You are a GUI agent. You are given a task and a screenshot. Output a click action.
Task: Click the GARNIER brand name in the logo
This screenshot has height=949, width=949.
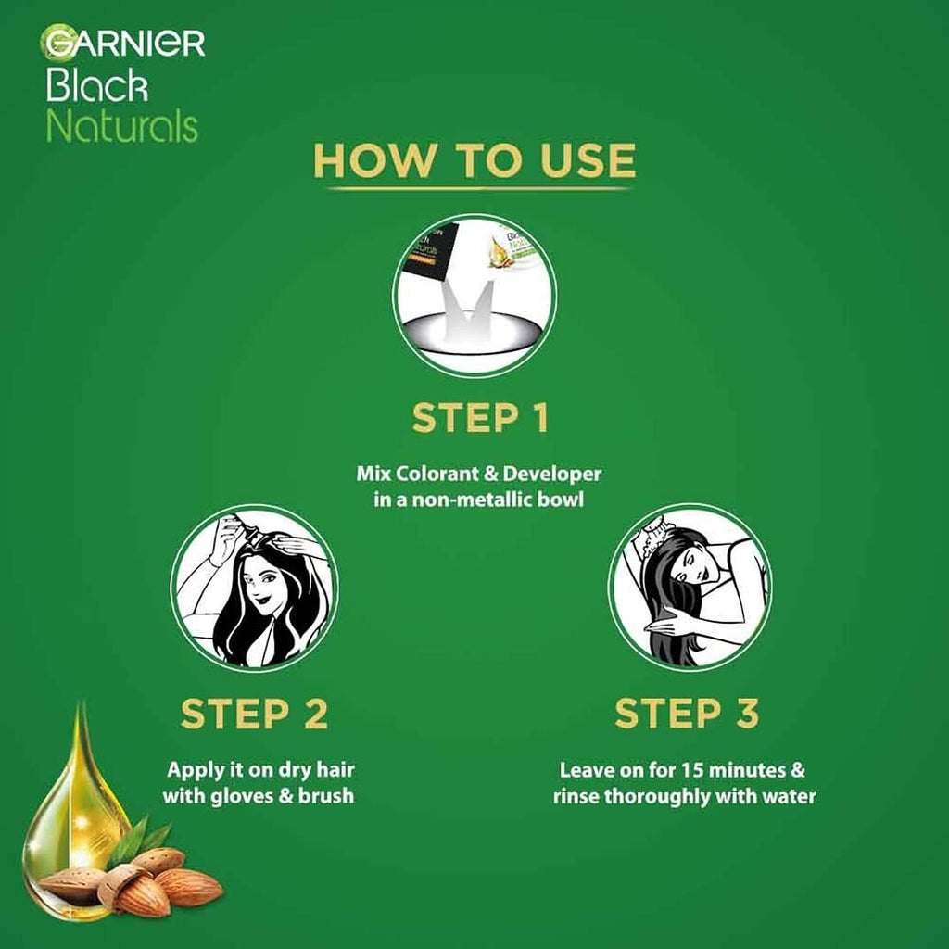click(x=123, y=44)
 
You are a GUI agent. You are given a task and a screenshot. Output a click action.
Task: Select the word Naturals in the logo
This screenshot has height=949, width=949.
click(x=121, y=126)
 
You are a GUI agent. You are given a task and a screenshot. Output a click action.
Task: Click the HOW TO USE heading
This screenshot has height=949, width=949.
click(x=474, y=159)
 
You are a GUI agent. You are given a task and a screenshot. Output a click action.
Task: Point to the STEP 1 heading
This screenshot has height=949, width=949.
click(x=480, y=418)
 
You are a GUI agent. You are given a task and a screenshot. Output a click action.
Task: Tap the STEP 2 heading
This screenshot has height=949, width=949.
click(x=254, y=715)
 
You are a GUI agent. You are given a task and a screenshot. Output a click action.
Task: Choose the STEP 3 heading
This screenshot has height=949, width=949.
click(x=687, y=715)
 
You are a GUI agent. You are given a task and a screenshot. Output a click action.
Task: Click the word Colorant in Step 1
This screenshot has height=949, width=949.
click(x=436, y=474)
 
